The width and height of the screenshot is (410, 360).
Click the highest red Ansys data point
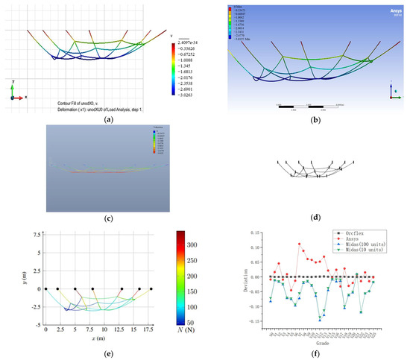300,244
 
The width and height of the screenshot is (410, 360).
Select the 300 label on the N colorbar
198,243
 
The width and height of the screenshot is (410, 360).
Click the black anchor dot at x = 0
46,288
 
